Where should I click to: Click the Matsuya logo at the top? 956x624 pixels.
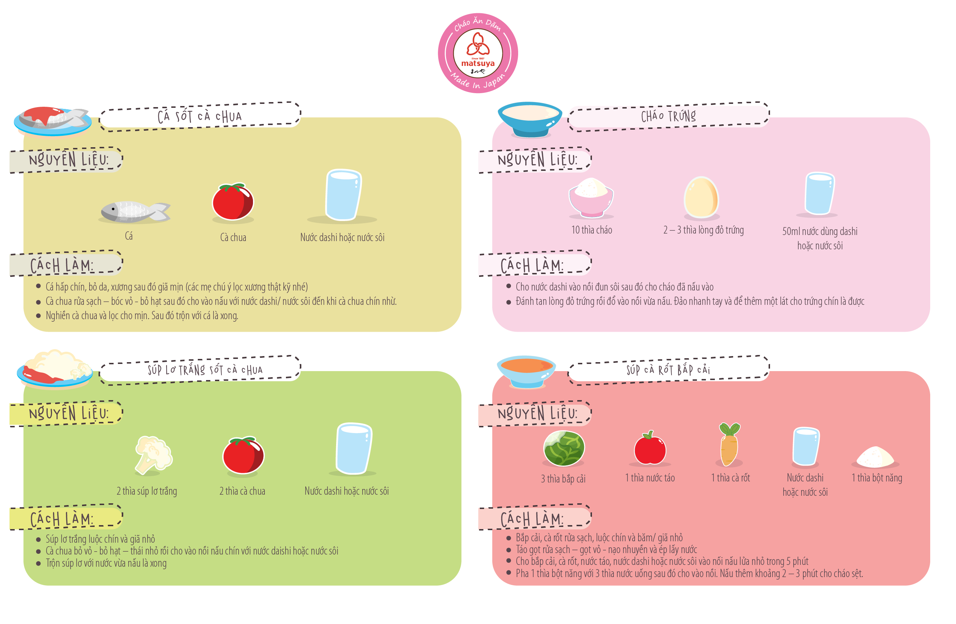click(478, 53)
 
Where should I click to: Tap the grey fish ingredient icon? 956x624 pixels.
click(135, 211)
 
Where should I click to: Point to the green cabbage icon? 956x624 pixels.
click(564, 448)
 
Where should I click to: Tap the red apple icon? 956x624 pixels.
click(650, 448)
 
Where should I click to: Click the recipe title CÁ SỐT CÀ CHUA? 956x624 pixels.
click(200, 116)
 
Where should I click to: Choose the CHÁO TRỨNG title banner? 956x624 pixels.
click(668, 116)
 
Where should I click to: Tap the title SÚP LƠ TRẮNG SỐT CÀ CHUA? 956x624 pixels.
click(205, 370)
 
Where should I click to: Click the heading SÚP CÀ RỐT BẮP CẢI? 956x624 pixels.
click(668, 370)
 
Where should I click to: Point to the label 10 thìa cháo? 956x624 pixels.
click(592, 230)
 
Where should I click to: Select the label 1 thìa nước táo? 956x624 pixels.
click(650, 478)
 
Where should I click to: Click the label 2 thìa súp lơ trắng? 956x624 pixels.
click(147, 491)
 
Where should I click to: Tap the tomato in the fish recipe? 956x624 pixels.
click(233, 202)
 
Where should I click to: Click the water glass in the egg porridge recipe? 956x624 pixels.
click(819, 193)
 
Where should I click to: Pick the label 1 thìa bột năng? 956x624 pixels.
click(877, 478)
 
